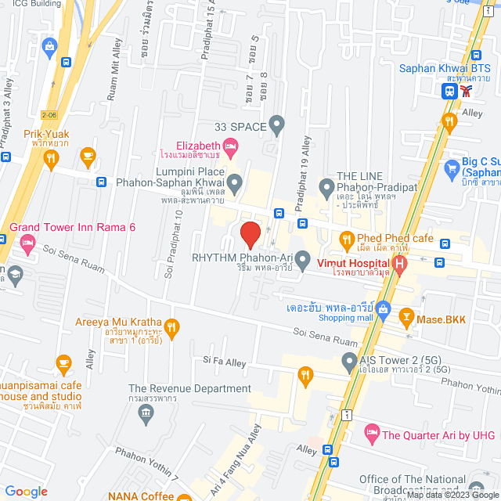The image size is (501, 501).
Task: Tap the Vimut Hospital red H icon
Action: pyautogui.click(x=399, y=265)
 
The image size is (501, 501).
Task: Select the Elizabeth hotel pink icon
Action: pyautogui.click(x=230, y=146)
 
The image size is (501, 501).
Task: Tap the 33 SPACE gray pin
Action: pyautogui.click(x=276, y=124)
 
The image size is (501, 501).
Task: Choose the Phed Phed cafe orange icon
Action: pyautogui.click(x=345, y=238)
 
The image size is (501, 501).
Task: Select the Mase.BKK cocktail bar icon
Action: pyautogui.click(x=406, y=318)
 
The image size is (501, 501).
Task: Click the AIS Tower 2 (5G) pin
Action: pyautogui.click(x=350, y=361)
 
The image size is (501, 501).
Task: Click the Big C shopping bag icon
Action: pyautogui.click(x=451, y=167)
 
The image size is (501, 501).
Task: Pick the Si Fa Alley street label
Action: pyautogui.click(x=225, y=360)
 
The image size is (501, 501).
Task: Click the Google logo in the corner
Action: pyautogui.click(x=26, y=491)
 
